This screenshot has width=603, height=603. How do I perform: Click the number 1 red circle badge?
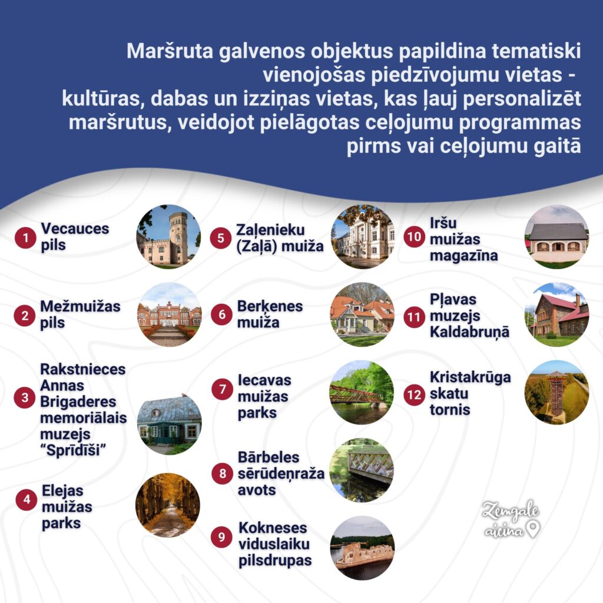click(25, 237)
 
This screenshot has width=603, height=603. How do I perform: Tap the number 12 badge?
click(414, 395)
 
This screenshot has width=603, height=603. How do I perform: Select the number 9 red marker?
click(221, 537)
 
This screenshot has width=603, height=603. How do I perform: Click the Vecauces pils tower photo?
click(168, 237)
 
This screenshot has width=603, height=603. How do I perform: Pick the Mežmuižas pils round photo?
click(169, 314)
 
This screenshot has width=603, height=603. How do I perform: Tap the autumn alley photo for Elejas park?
click(168, 505)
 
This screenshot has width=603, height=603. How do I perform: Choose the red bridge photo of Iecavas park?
click(362, 392)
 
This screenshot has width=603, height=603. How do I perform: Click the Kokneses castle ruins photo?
click(362, 548)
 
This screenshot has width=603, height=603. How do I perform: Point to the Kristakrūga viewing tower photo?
click(556, 392)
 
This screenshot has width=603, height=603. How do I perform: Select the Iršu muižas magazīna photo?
click(556, 237)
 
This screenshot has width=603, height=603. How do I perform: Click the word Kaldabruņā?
click(469, 332)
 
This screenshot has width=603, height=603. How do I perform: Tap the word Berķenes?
click(270, 306)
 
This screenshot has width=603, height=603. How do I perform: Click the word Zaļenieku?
click(270, 230)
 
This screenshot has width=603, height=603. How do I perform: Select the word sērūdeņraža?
click(281, 474)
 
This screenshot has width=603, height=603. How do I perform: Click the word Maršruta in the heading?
click(170, 51)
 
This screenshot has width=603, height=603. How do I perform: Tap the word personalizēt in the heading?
click(522, 98)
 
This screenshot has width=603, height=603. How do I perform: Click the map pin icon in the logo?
click(533, 529)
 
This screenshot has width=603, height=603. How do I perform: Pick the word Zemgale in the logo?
click(511, 511)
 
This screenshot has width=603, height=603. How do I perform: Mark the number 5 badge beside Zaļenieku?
click(221, 238)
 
